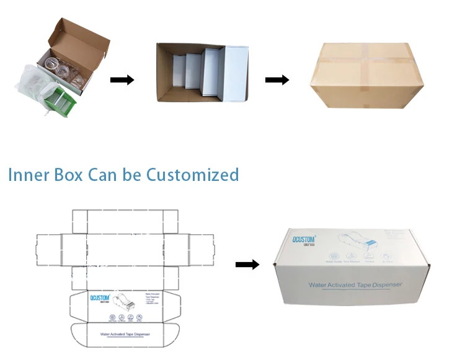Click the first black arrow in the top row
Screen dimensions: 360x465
[x=122, y=80]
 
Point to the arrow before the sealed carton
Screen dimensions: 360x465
[x=277, y=80]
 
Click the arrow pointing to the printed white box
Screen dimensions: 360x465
[x=247, y=265]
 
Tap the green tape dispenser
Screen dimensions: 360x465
[x=62, y=99]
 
